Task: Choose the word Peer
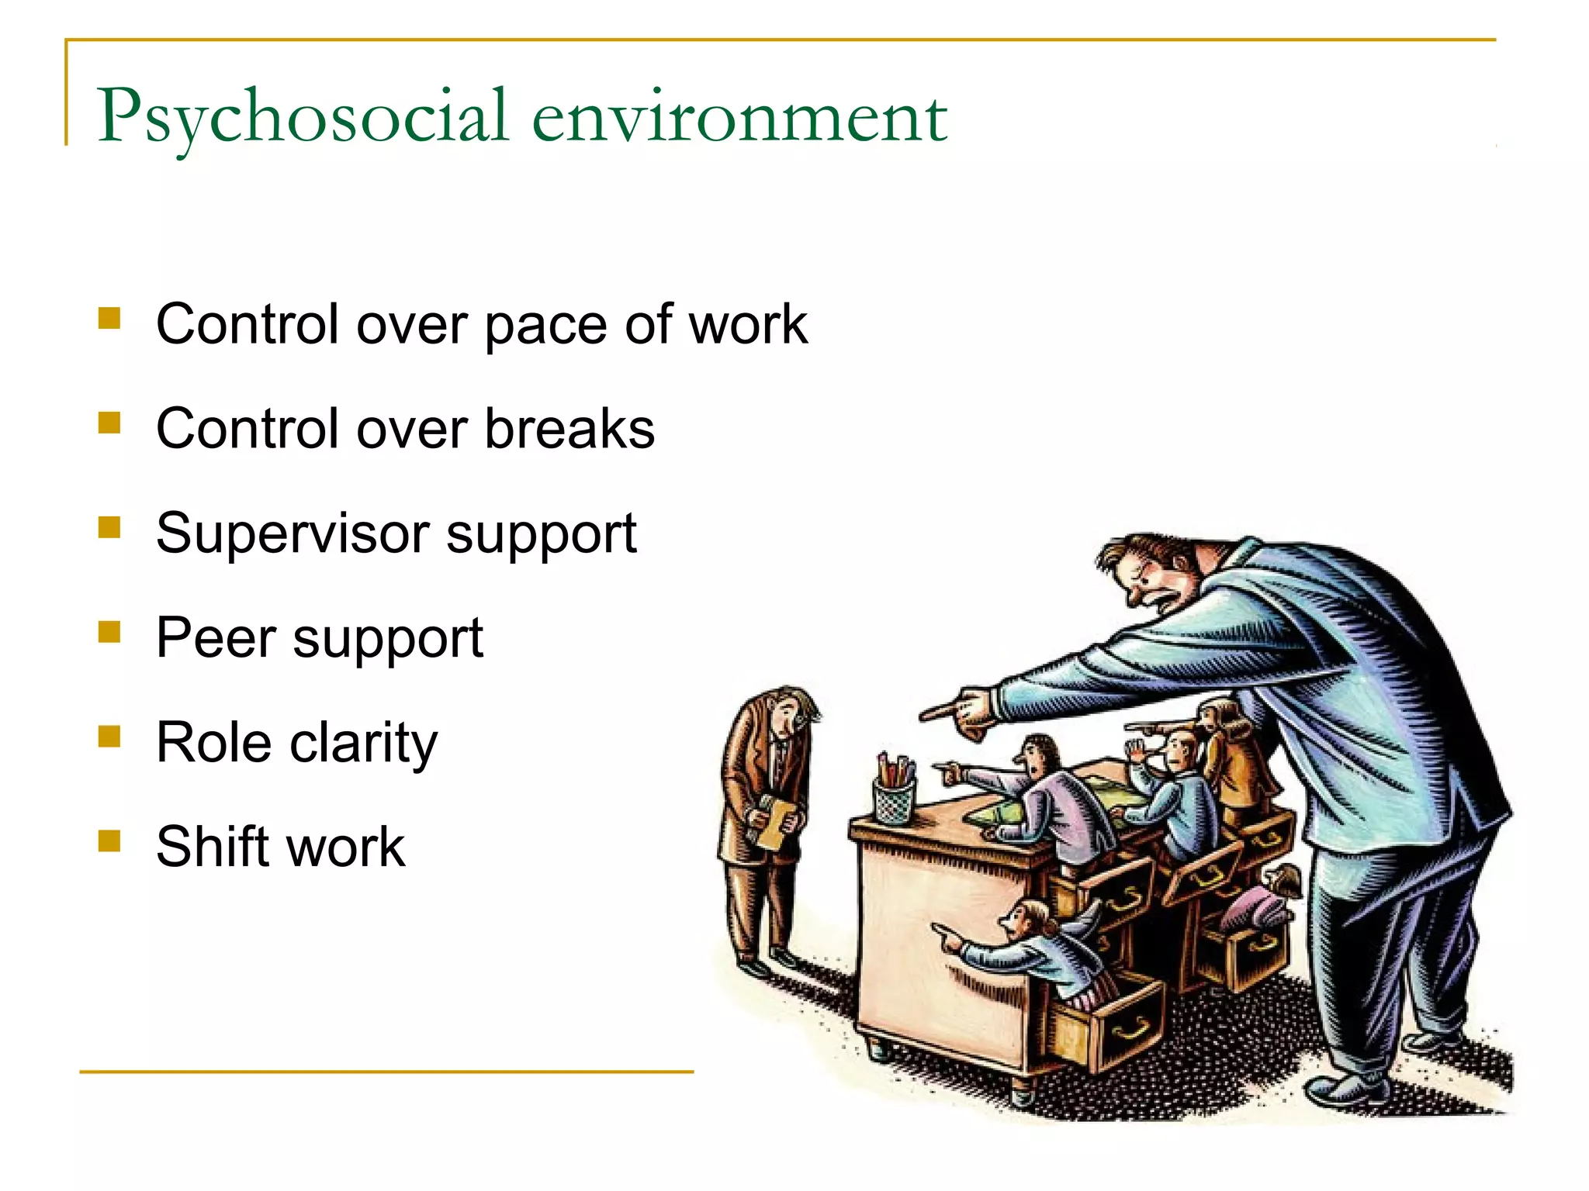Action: (x=216, y=638)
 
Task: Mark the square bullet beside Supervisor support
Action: (x=109, y=527)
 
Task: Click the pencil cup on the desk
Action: (x=895, y=799)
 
